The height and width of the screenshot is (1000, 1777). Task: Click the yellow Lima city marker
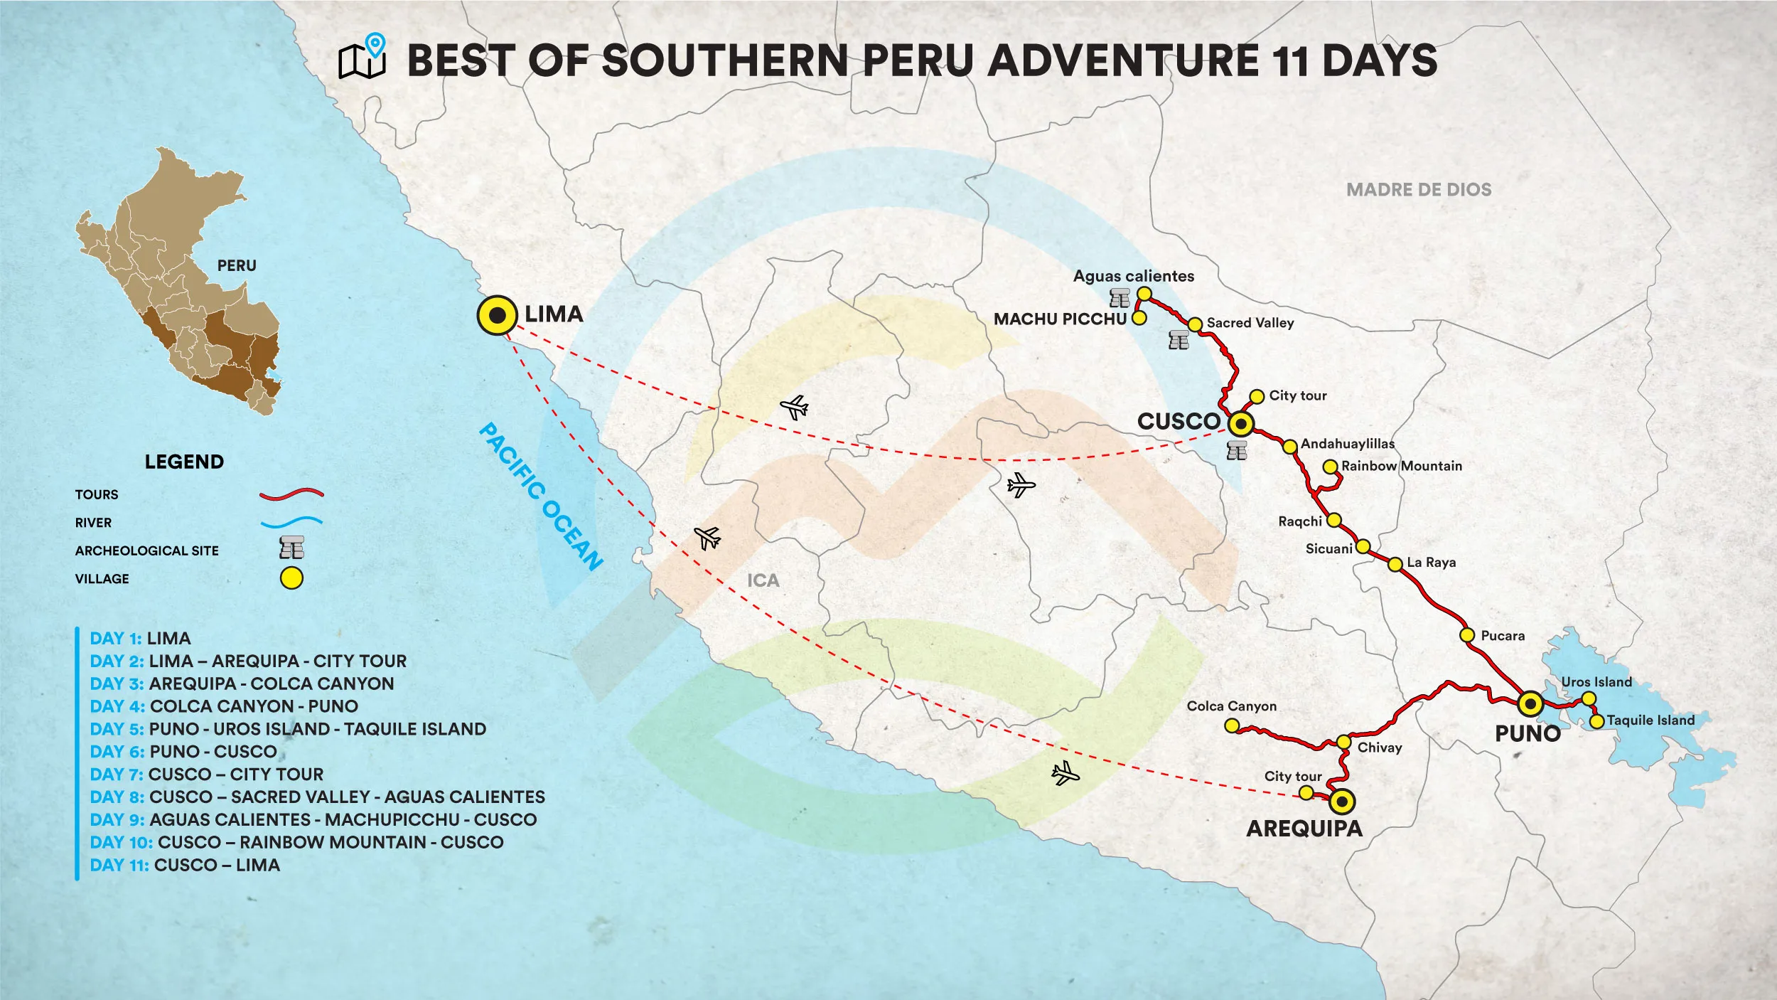(x=497, y=315)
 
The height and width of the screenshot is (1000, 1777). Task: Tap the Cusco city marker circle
(x=1241, y=424)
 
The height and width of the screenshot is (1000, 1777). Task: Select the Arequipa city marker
(x=1342, y=802)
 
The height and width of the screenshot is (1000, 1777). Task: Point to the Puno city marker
(x=1530, y=704)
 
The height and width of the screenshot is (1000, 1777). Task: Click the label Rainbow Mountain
(x=1401, y=466)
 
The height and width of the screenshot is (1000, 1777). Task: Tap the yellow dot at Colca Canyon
(x=1232, y=725)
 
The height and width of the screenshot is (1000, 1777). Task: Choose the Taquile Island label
(x=1650, y=720)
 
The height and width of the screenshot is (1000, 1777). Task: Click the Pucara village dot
(x=1467, y=634)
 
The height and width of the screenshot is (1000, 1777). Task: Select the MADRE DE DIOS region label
(x=1419, y=190)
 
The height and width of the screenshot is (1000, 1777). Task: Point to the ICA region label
(x=763, y=580)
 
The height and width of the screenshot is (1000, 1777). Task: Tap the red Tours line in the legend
(x=291, y=494)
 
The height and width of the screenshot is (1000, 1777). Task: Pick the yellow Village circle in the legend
(x=291, y=578)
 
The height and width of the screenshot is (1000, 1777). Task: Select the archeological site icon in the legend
(x=291, y=548)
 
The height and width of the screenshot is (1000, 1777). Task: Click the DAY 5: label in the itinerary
(x=117, y=729)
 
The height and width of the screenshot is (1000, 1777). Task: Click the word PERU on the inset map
(x=237, y=265)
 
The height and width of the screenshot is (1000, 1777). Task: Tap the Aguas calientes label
(x=1134, y=276)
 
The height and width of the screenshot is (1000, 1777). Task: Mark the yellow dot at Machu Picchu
(x=1139, y=318)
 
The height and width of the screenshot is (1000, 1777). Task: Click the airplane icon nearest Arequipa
(x=1065, y=772)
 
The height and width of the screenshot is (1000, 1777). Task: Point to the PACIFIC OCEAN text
(x=542, y=496)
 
